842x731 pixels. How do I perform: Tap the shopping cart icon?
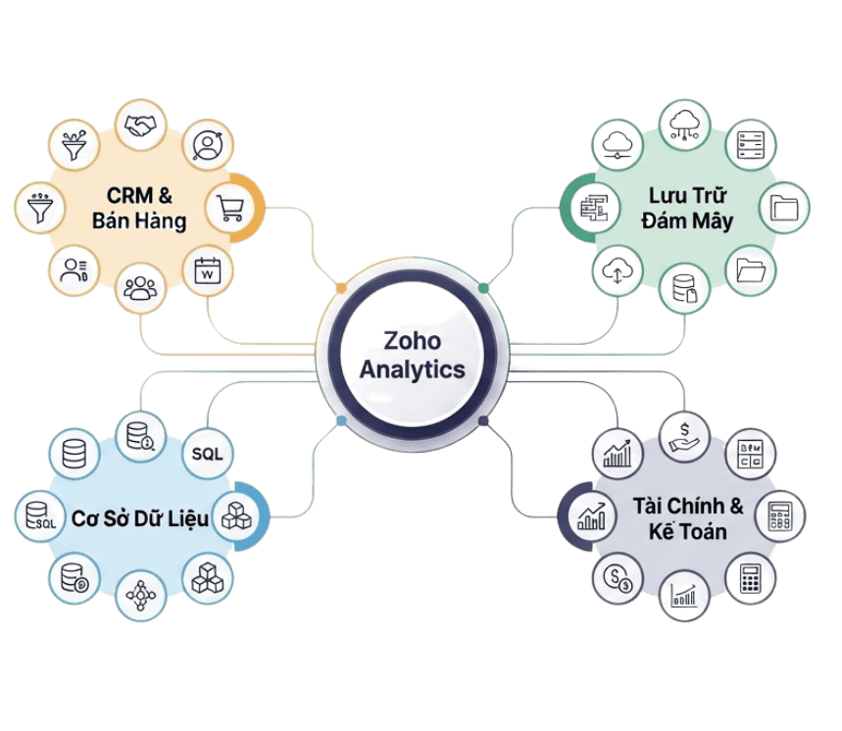coord(230,208)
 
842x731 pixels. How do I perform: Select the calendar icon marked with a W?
coord(207,270)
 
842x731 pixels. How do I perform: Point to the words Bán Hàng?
coord(139,221)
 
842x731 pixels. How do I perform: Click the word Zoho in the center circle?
coord(413,342)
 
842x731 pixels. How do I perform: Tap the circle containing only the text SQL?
coord(207,454)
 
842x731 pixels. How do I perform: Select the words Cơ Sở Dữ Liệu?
coord(139,517)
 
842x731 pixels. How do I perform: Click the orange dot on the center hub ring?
coord(341,288)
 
